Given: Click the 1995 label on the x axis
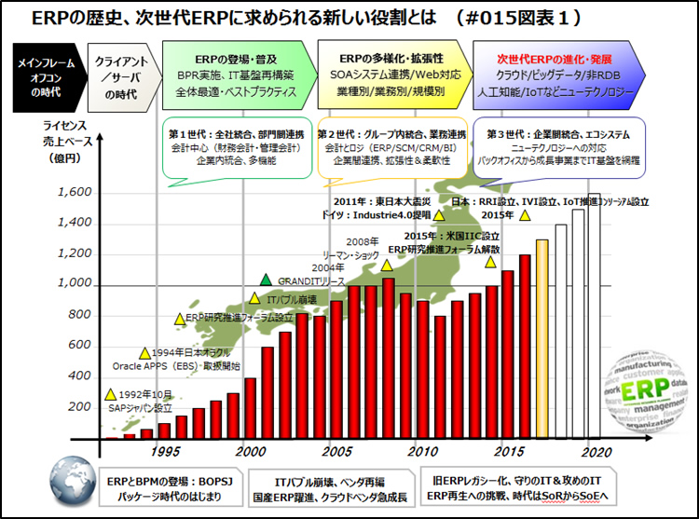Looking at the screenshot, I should click(x=167, y=451).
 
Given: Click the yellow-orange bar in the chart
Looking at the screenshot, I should click(x=541, y=338).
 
